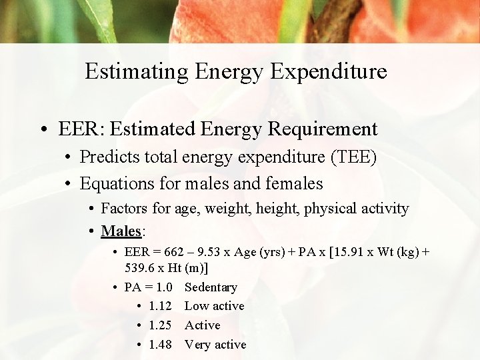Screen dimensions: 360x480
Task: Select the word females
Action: click(x=294, y=183)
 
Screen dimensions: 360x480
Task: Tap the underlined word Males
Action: click(x=121, y=231)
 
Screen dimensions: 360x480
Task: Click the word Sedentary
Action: click(x=211, y=287)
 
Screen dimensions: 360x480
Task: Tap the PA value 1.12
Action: click(x=161, y=306)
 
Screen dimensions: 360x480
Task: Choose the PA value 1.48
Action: click(x=161, y=345)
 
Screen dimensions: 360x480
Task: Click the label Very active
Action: click(x=215, y=345)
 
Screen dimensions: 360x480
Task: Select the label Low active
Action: click(x=214, y=306)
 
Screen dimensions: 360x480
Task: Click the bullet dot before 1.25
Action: click(x=138, y=326)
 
